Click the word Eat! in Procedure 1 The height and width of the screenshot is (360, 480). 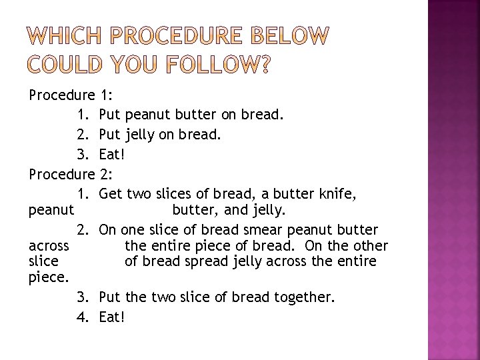pyautogui.click(x=111, y=155)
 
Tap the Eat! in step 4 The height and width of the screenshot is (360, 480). pyautogui.click(x=111, y=317)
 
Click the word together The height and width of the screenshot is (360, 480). pyautogui.click(x=304, y=297)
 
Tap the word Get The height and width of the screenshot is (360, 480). pyautogui.click(x=109, y=194)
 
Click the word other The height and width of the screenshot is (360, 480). pyautogui.click(x=369, y=245)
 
